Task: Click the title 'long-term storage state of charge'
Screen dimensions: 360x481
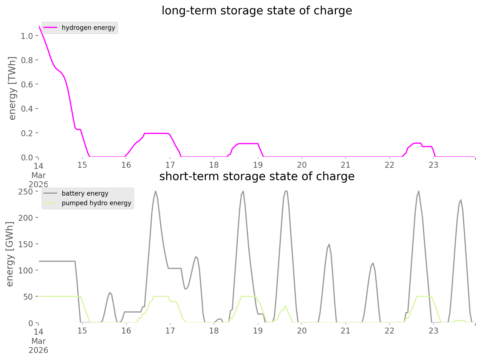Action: pos(257,11)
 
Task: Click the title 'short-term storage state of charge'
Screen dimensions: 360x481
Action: pos(257,176)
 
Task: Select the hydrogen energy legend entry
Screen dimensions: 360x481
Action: pos(88,28)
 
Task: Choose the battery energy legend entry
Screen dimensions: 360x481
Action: pos(85,193)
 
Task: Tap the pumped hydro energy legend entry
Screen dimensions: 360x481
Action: pos(96,203)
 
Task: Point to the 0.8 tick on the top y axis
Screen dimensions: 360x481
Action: pos(27,60)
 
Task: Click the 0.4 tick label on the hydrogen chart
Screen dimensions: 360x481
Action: pos(27,109)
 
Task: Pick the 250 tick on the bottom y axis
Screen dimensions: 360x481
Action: pos(26,191)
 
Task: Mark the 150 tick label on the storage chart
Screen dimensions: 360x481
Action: pos(26,244)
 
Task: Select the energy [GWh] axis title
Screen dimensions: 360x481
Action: pos(10,254)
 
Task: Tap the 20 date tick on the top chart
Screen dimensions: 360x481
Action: pos(302,165)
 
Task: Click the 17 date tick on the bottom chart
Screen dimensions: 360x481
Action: pos(170,331)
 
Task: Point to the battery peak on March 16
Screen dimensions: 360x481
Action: pos(155,191)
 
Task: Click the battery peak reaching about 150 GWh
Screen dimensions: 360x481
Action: pos(329,244)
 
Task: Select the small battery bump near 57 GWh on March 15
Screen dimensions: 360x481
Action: pos(110,293)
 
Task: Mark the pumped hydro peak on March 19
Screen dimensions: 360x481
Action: pos(285,305)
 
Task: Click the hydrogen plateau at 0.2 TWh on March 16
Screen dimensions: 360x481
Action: pos(156,133)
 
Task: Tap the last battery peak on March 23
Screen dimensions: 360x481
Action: pos(461,200)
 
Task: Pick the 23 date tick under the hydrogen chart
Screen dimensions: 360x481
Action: pos(434,165)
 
